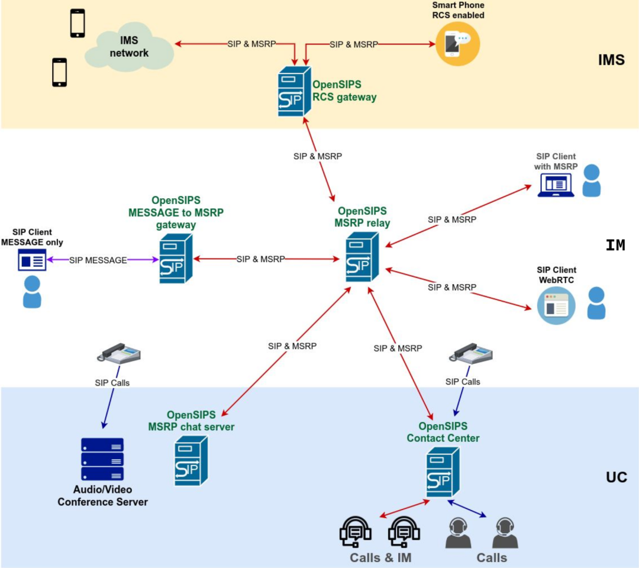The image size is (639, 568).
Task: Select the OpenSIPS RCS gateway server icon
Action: [x=295, y=92]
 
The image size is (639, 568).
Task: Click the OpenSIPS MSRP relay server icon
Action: [x=362, y=256]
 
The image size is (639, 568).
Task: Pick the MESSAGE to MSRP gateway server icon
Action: [x=176, y=258]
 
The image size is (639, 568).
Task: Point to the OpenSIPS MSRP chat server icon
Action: [x=191, y=461]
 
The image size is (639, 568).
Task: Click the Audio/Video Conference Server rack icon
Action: [x=102, y=459]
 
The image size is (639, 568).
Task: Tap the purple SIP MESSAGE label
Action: [x=98, y=259]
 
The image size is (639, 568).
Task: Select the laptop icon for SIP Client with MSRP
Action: [x=556, y=185]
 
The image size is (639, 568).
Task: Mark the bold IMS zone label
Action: [x=611, y=60]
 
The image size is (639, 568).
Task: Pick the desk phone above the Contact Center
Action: [x=471, y=353]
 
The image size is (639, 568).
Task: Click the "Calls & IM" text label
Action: [x=380, y=557]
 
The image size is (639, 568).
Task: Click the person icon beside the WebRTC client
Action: [x=596, y=303]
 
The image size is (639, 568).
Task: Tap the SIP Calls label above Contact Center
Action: [x=463, y=382]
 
